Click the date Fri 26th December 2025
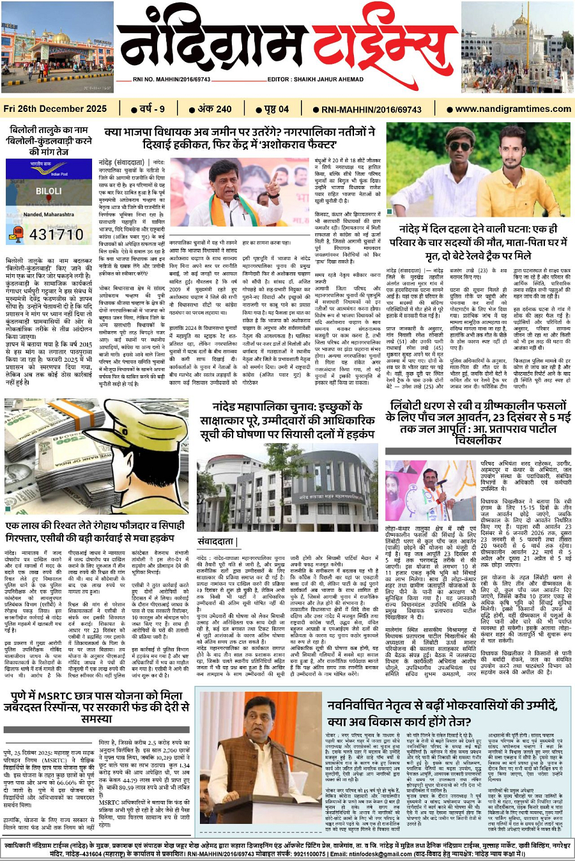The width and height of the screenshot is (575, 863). pos(55,109)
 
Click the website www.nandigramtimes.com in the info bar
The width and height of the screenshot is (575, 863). pos(513,109)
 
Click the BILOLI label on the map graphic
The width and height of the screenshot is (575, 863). pos(49,191)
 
